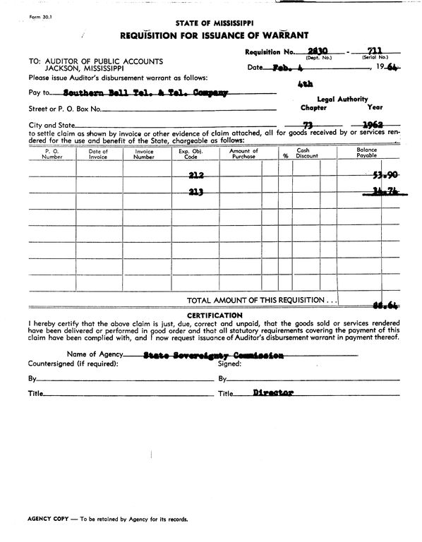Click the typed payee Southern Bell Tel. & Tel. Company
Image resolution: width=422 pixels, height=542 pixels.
point(145,92)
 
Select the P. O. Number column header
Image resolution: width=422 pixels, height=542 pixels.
point(52,154)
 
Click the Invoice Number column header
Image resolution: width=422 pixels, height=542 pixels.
point(144,154)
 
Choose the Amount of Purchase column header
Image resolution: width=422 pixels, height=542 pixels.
point(243,154)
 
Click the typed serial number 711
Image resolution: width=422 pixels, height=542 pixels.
point(375,50)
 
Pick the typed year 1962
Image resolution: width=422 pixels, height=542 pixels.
point(373,126)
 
